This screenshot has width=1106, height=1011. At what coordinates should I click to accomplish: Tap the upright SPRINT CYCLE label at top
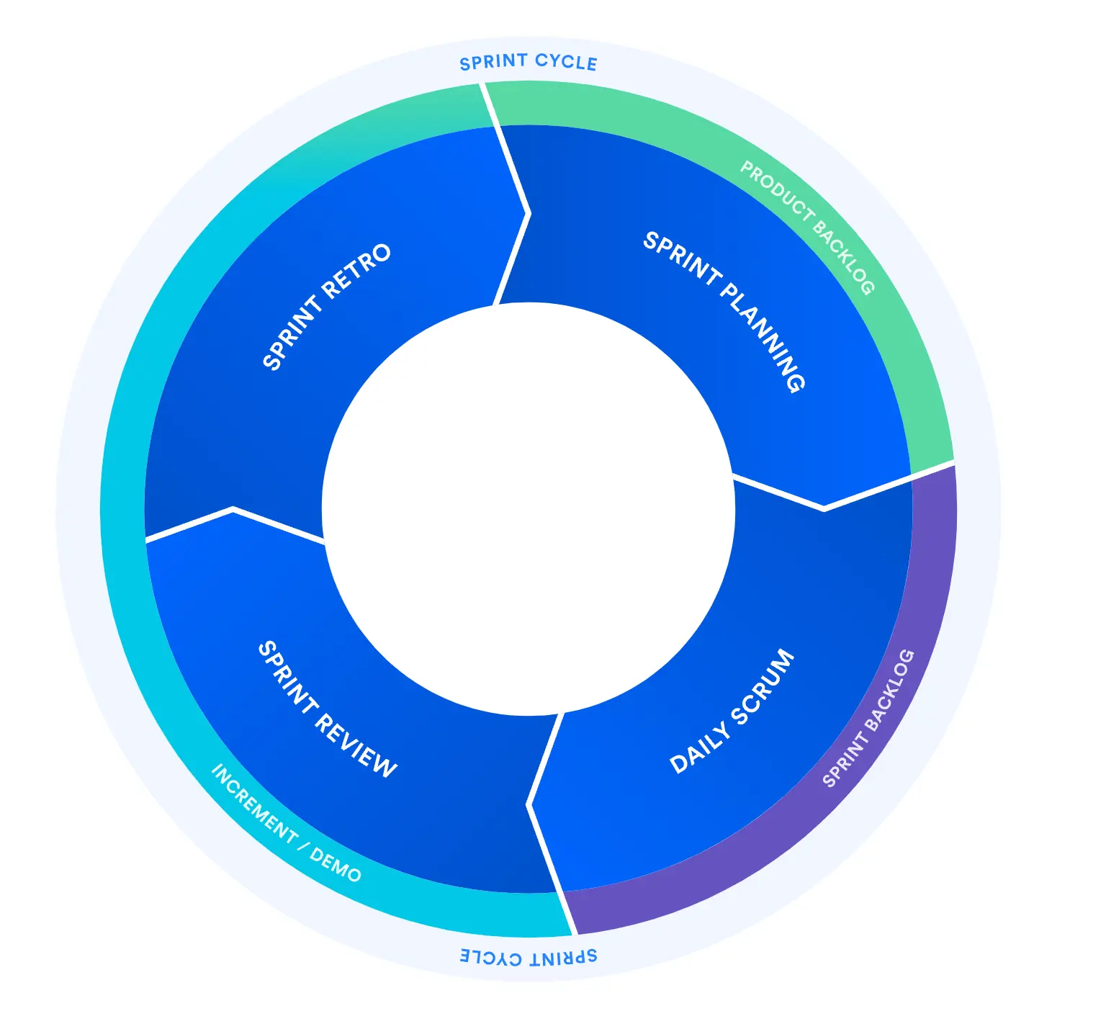[529, 62]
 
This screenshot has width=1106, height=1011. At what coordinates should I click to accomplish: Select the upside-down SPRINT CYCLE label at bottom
[529, 957]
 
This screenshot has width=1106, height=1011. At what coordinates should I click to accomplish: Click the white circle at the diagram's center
[529, 509]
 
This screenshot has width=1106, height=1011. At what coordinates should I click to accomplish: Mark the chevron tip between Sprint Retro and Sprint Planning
[530, 213]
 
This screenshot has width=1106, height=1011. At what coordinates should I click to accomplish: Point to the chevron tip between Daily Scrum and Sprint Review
[528, 804]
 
